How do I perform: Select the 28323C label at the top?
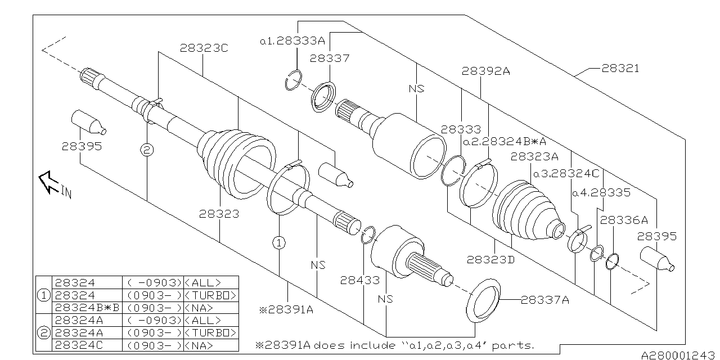(x=204, y=48)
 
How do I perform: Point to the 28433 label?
(x=355, y=279)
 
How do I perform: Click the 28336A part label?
(x=624, y=220)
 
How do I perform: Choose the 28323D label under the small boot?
(x=490, y=259)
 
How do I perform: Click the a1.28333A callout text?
(x=292, y=41)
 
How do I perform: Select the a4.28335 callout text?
(x=601, y=192)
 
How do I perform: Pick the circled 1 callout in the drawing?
(x=280, y=242)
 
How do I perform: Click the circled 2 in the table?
(x=43, y=332)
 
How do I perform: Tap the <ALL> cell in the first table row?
(x=202, y=282)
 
